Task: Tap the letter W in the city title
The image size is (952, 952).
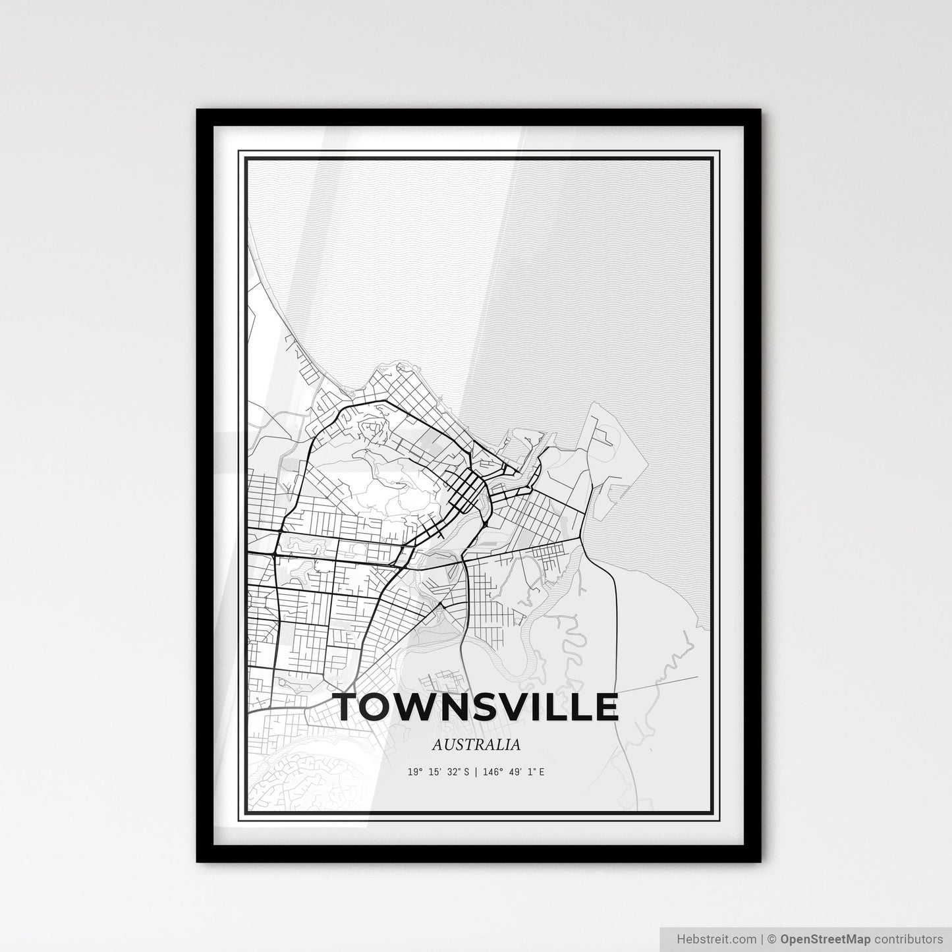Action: [x=422, y=707]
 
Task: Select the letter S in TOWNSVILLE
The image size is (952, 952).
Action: [x=493, y=707]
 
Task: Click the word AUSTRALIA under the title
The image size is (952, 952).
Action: [x=476, y=745]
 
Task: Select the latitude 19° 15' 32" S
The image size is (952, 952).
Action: [x=438, y=771]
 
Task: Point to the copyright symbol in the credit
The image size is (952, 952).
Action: [x=774, y=939]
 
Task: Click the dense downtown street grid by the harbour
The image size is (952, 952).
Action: [x=464, y=491]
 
